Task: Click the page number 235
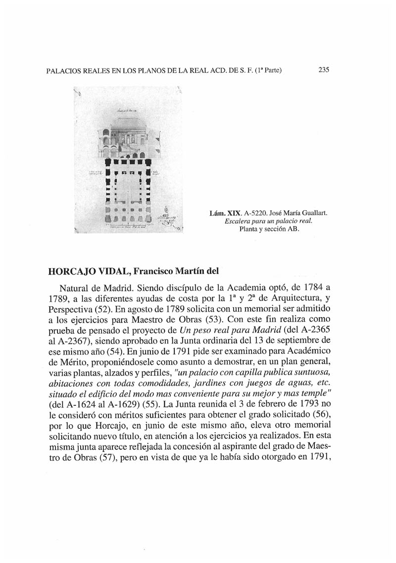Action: click(x=324, y=70)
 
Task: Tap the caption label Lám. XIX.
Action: click(x=224, y=214)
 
